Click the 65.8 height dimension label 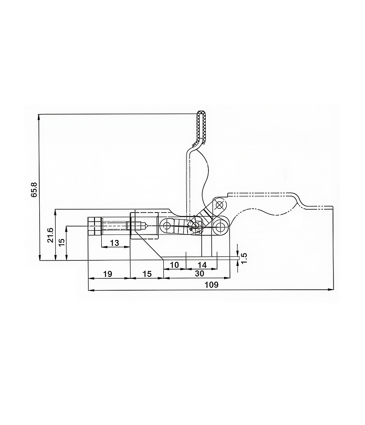tap(35, 190)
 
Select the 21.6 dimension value tap(51, 235)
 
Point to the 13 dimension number tap(115, 243)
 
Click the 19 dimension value tap(107, 274)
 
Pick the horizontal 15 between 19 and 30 tap(147, 274)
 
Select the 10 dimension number tap(175, 265)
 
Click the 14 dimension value tap(202, 265)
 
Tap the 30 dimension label tap(199, 274)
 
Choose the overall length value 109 tap(211, 285)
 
